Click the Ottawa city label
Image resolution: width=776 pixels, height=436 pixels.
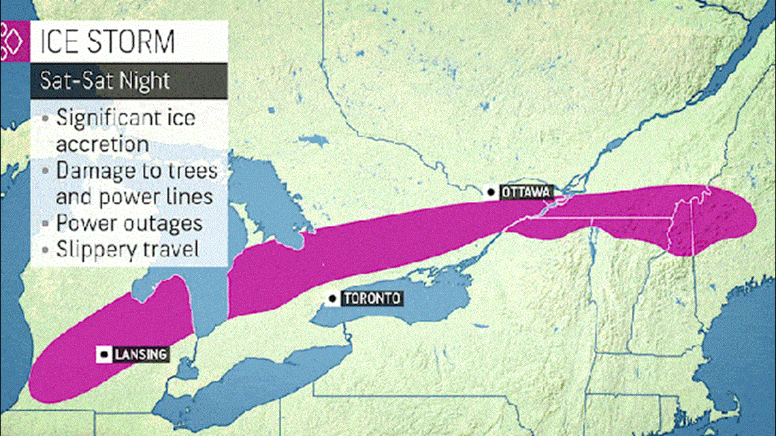tap(526, 192)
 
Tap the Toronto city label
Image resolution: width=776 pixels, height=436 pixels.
tap(372, 299)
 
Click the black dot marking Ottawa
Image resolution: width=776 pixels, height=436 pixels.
tap(490, 192)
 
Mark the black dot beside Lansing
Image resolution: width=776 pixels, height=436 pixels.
tap(104, 354)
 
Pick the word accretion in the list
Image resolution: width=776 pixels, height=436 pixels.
tap(102, 144)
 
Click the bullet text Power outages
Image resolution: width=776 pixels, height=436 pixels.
tap(129, 223)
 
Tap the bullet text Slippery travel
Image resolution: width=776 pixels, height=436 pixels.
tap(127, 249)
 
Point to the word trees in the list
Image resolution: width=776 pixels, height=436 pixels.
tap(193, 170)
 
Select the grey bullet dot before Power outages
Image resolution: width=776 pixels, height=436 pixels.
tap(45, 224)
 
